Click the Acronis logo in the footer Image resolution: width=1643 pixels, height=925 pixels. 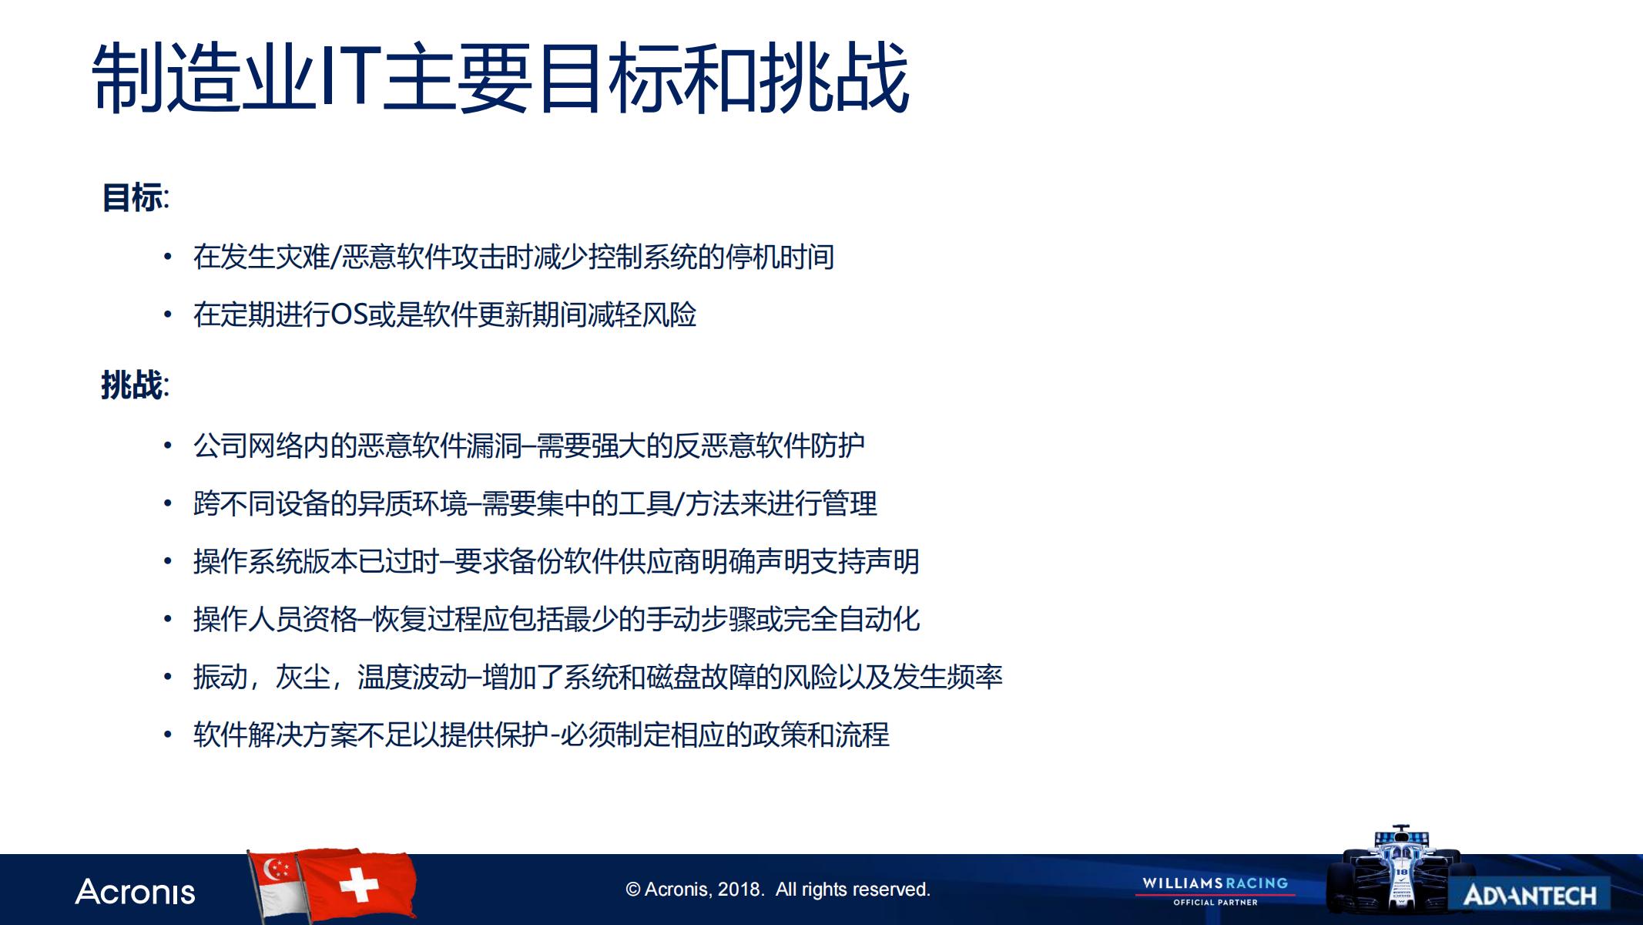(x=135, y=892)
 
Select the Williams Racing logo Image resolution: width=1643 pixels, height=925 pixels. (x=1215, y=890)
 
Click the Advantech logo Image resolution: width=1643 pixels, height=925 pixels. (x=1530, y=895)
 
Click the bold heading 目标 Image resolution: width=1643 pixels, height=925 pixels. (x=132, y=197)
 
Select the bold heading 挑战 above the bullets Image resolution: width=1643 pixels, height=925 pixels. (x=132, y=385)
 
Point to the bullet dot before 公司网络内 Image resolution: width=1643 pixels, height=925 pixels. (x=167, y=446)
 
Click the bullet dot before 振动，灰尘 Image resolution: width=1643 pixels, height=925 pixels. (x=167, y=677)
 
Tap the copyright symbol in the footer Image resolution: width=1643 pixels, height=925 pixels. (x=633, y=890)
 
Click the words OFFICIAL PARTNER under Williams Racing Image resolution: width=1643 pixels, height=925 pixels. (x=1215, y=902)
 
